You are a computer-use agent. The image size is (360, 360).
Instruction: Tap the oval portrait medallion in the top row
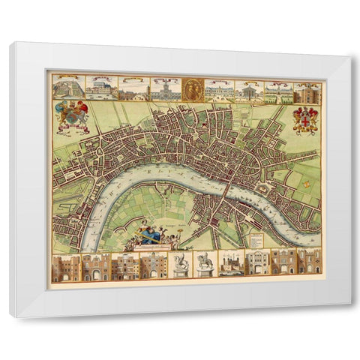[x=191, y=89]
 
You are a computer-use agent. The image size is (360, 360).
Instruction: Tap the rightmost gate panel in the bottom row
[x=310, y=263]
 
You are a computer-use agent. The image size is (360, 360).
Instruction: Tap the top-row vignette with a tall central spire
[x=163, y=90]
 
